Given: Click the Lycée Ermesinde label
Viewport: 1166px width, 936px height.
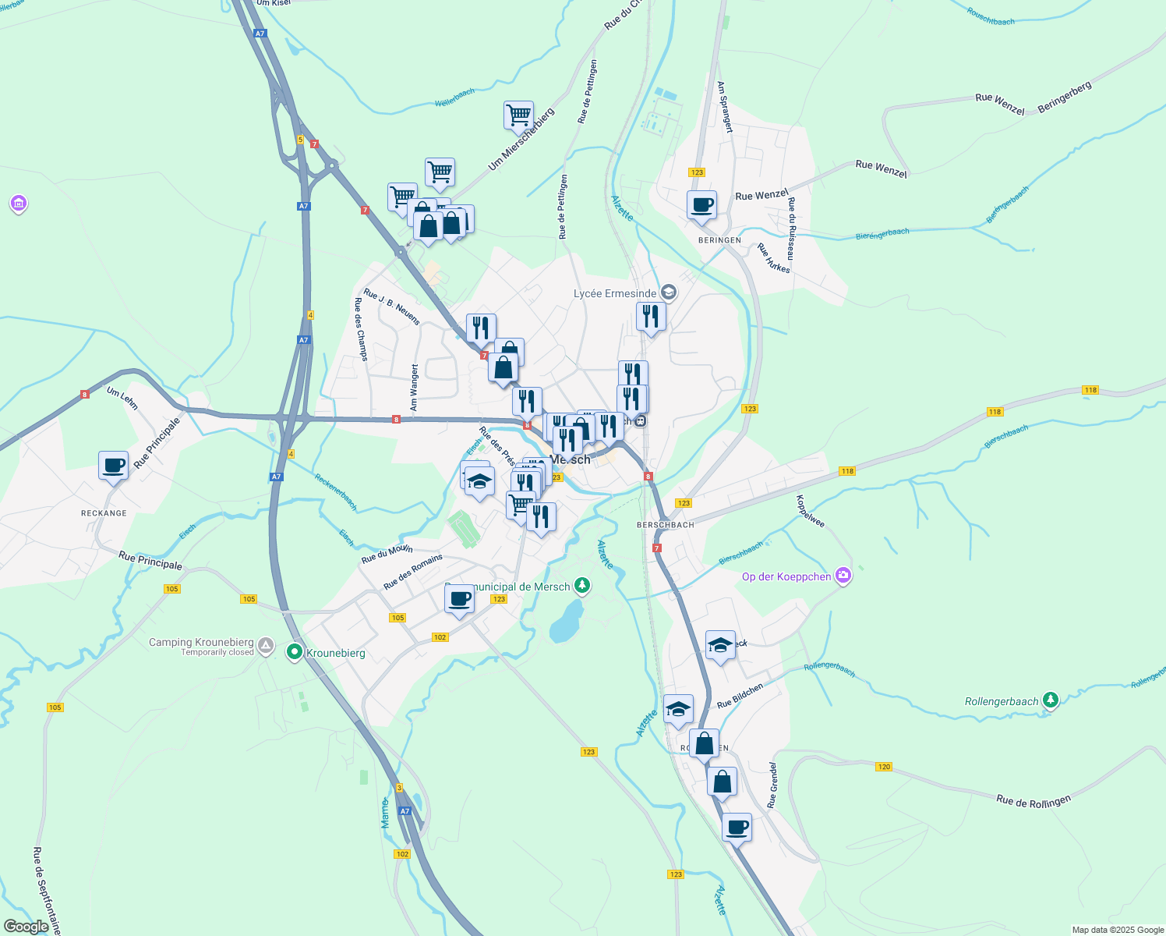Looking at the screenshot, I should [x=615, y=293].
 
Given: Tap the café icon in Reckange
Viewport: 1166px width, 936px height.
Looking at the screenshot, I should [x=114, y=466].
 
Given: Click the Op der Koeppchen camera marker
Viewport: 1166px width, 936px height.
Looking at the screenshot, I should [x=843, y=576].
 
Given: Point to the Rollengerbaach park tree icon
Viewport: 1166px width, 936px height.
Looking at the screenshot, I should [x=1051, y=700].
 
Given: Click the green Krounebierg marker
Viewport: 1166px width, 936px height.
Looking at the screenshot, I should [x=295, y=652].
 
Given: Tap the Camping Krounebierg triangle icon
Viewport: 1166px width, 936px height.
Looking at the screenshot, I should [x=267, y=646].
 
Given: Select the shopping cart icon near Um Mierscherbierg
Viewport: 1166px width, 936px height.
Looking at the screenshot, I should [x=518, y=116].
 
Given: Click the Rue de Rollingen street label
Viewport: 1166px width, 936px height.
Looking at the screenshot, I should [x=1033, y=801].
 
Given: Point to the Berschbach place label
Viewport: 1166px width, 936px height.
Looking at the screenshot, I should [x=665, y=525].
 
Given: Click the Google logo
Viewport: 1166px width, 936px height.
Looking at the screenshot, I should [x=26, y=926].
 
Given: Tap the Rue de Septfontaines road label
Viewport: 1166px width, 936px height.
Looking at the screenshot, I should [x=47, y=890].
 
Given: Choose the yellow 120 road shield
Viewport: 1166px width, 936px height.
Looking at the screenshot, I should [x=883, y=767].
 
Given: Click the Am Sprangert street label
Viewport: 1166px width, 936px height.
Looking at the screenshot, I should [x=725, y=108].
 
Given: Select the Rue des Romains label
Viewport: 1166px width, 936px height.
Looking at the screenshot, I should [x=413, y=572].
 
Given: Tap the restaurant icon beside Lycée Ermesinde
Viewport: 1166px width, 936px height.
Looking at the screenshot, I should [x=651, y=317].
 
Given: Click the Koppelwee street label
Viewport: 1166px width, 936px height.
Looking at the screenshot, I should [x=811, y=511].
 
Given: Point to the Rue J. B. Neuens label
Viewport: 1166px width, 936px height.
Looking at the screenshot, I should [x=392, y=307].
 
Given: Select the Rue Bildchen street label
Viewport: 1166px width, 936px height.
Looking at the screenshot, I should [x=740, y=696].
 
